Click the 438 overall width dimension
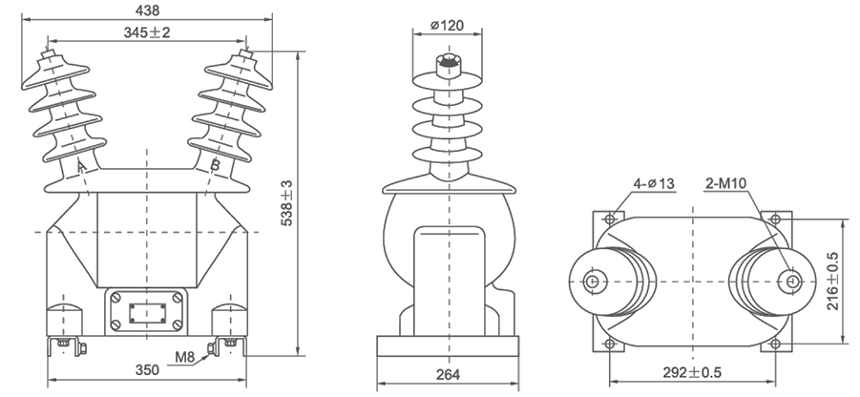pos(146,10)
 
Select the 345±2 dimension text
pos(146,32)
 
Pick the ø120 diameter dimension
pos(447,24)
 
